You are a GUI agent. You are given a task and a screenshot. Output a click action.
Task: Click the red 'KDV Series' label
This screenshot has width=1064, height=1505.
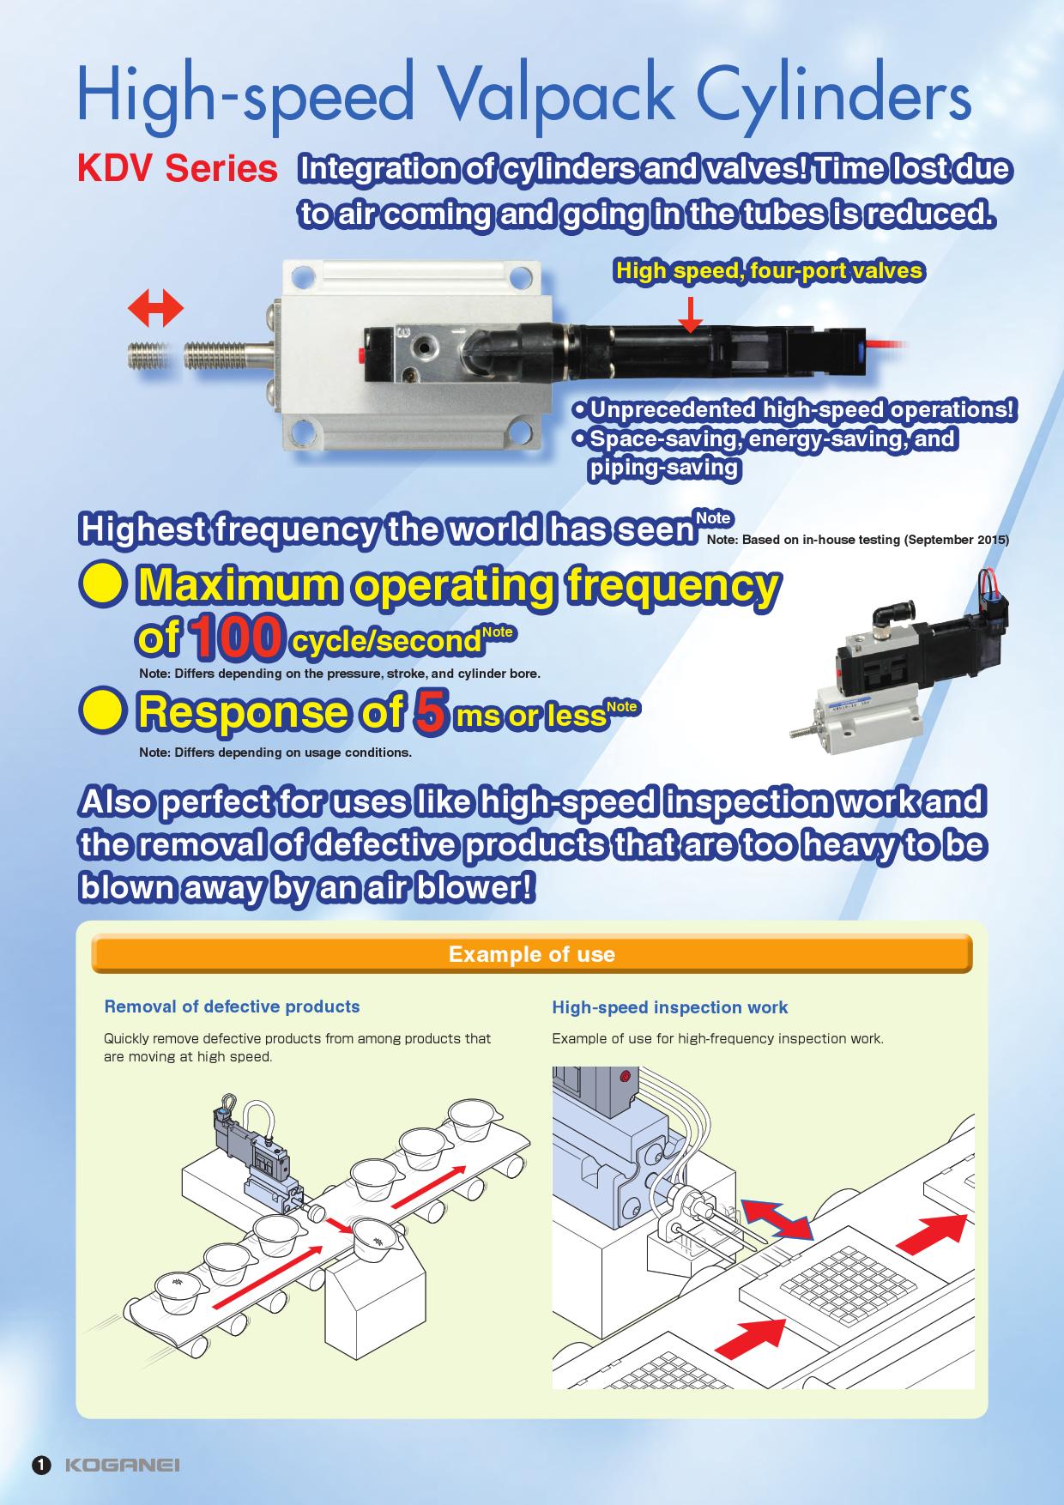178,169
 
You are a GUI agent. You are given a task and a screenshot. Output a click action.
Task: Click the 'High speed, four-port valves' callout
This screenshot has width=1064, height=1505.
769,271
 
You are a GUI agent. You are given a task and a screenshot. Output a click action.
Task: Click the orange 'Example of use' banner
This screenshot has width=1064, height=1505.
532,954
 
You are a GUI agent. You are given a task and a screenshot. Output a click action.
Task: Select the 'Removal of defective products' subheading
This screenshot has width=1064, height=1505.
232,1006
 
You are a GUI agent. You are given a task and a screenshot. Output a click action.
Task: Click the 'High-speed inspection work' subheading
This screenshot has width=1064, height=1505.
670,1007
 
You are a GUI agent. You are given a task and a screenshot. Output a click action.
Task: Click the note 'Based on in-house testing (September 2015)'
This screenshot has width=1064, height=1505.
858,541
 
